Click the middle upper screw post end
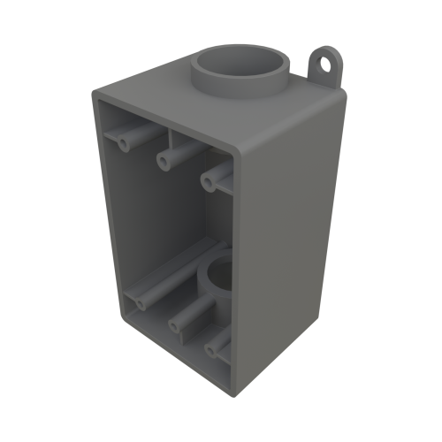pos(164,160)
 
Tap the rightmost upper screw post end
pos(209,181)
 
